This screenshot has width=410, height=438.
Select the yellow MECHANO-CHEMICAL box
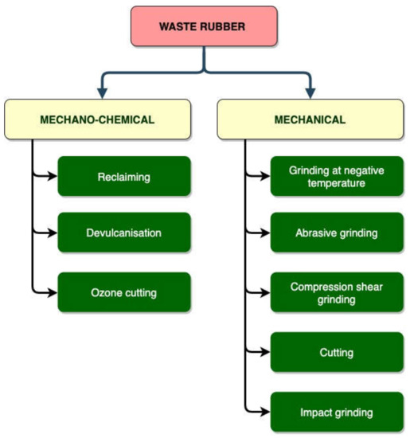click(96, 120)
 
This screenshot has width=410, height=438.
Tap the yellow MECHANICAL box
click(310, 120)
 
